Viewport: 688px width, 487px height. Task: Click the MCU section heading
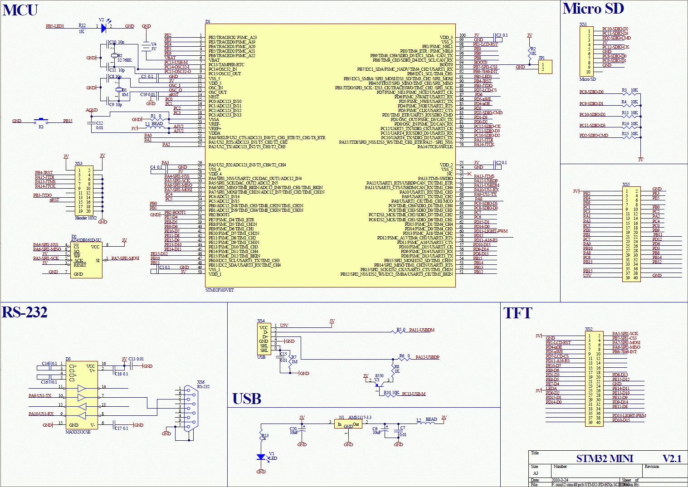tap(20, 10)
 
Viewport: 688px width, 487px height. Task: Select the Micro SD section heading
tap(593, 9)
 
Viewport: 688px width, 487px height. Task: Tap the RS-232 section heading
tap(25, 312)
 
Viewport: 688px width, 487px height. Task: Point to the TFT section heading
tap(517, 313)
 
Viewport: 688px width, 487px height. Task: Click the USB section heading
tap(247, 399)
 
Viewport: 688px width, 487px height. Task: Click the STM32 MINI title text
tap(605, 458)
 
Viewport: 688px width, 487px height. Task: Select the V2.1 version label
tap(672, 458)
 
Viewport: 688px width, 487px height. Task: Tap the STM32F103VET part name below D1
tap(220, 290)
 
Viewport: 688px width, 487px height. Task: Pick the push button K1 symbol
tap(41, 122)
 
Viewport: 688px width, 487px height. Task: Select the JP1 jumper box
tap(545, 67)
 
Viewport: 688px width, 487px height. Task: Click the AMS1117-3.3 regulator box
tap(348, 424)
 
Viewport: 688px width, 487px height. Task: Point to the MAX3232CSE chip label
tap(78, 432)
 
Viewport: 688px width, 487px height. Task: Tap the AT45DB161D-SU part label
tap(86, 240)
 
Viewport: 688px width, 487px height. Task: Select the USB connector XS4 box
tap(263, 339)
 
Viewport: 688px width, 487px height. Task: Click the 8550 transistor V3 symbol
tap(378, 385)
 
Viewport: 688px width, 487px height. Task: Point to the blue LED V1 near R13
tap(261, 457)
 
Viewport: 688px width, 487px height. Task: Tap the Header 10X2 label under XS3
tap(86, 218)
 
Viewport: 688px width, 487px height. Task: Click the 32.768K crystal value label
tap(125, 60)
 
